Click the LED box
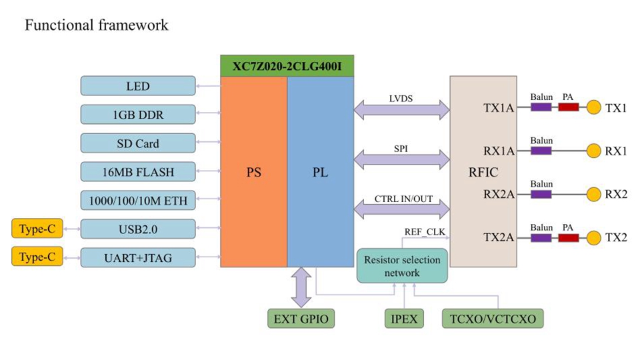pos(138,86)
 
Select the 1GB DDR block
pos(138,115)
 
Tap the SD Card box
pos(138,143)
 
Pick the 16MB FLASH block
pos(138,172)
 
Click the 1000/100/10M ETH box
pos(138,201)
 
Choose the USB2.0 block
pos(138,229)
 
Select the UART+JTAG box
pos(138,257)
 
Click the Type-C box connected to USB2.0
pos(37,229)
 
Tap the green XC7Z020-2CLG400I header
pos(287,66)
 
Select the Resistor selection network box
pos(402,267)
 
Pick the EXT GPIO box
pos(300,319)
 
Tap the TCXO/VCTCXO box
pos(493,319)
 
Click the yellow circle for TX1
pos(593,107)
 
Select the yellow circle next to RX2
pos(593,195)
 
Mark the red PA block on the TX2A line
pos(568,237)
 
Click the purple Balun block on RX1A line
pos(541,151)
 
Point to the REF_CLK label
pos(425,232)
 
